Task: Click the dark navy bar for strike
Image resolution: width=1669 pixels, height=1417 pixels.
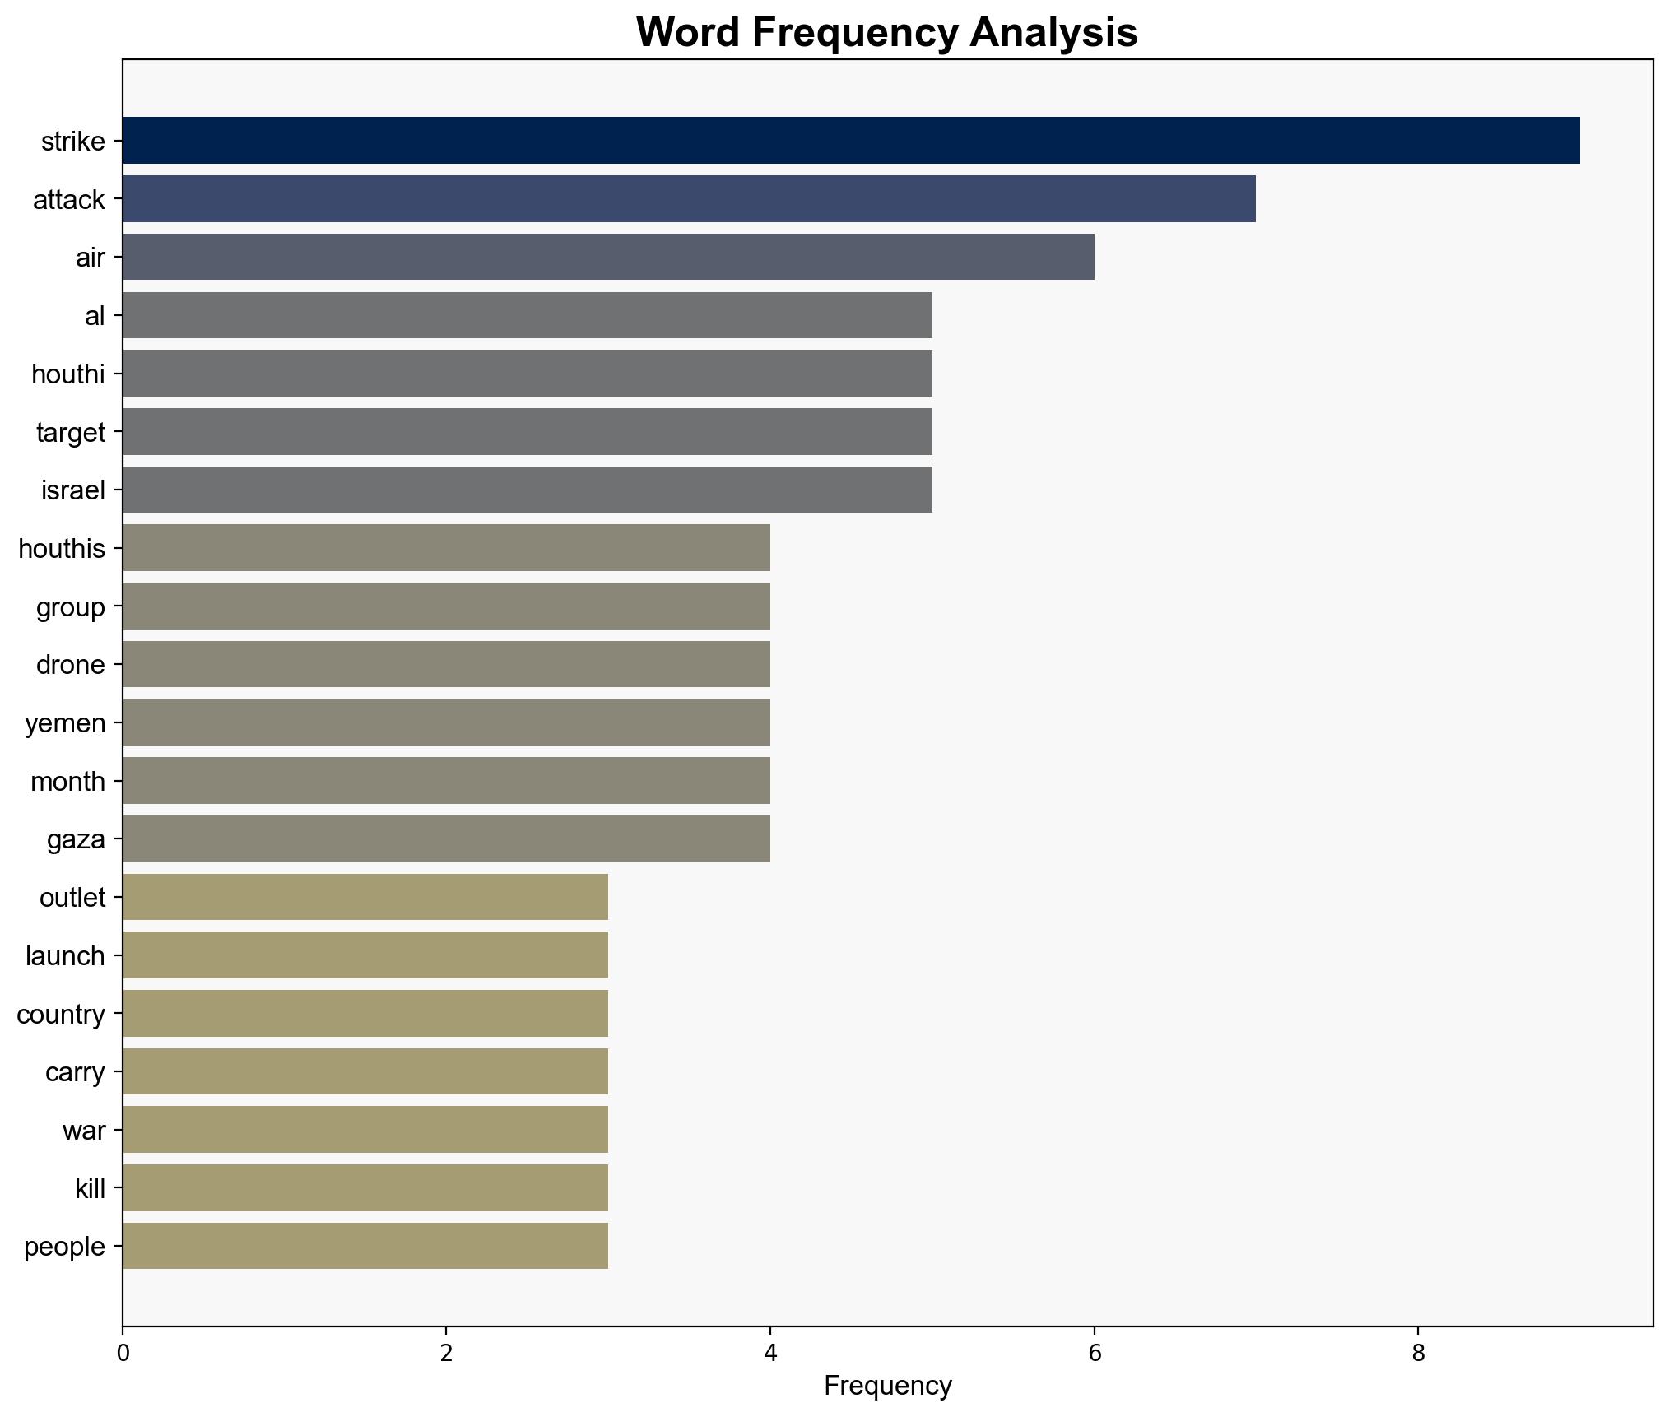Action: pyautogui.click(x=851, y=141)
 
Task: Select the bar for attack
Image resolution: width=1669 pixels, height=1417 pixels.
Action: pyautogui.click(x=689, y=199)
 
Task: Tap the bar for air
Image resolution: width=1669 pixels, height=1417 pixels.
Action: pyautogui.click(x=608, y=257)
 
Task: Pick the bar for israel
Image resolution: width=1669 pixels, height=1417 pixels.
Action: pyautogui.click(x=528, y=490)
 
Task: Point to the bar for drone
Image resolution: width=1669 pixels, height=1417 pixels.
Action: pyautogui.click(x=446, y=664)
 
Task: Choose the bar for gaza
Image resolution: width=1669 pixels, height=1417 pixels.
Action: pyautogui.click(x=446, y=839)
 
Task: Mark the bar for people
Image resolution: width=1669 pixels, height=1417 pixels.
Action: pyautogui.click(x=365, y=1246)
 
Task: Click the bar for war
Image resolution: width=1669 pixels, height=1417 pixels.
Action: pyautogui.click(x=365, y=1130)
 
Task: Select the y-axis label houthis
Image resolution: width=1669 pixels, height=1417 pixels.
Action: pyautogui.click(x=62, y=548)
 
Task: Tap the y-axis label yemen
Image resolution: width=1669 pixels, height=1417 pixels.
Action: pyautogui.click(x=65, y=723)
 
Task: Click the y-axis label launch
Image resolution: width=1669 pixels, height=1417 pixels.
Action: pyautogui.click(x=65, y=956)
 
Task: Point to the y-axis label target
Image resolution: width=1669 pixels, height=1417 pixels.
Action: pyautogui.click(x=71, y=432)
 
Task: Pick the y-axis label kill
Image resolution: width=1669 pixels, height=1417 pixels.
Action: pyautogui.click(x=90, y=1188)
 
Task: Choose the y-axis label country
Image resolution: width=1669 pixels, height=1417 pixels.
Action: pyautogui.click(x=61, y=1015)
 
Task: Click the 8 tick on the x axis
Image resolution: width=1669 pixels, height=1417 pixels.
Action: pyautogui.click(x=1418, y=1354)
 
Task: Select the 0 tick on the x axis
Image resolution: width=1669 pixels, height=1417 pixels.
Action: pyautogui.click(x=123, y=1354)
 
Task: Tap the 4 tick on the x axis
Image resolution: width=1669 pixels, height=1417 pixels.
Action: pyautogui.click(x=770, y=1354)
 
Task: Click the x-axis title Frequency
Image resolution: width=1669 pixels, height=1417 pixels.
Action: pyautogui.click(x=887, y=1387)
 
